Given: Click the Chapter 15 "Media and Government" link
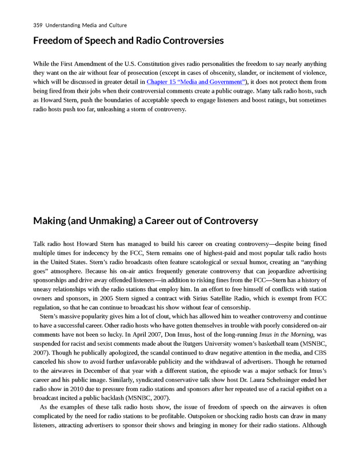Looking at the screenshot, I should tap(194, 82).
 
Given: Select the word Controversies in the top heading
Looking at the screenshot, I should tap(186, 41).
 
